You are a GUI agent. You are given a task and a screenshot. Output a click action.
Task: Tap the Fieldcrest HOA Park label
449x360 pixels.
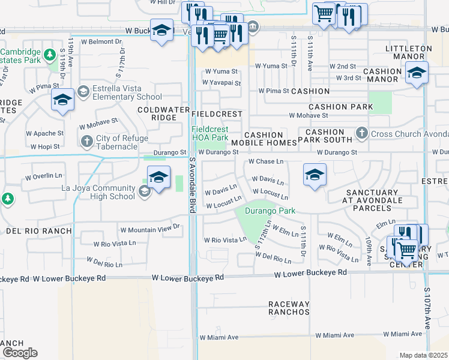pos(209,133)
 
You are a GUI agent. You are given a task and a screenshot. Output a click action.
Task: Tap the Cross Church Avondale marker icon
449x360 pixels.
pos(361,133)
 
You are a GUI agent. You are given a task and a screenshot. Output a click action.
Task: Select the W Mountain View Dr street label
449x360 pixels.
pos(149,229)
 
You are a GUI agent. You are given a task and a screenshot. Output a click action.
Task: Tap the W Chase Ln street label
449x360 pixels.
pos(265,162)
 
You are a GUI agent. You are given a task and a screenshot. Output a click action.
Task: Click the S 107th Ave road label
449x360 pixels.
pos(427,307)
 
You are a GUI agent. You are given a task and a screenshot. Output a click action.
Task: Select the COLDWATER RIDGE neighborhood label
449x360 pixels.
pos(157,113)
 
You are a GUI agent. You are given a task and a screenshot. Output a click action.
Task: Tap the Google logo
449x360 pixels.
pos(20,352)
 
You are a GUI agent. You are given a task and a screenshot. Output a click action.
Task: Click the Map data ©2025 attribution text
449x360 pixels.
pos(423,355)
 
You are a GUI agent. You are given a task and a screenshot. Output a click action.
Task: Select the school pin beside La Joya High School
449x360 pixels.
pos(158,178)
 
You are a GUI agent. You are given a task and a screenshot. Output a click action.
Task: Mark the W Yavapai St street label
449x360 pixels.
pos(223,83)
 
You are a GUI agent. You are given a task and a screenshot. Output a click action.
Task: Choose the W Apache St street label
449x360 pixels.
pos(44,133)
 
